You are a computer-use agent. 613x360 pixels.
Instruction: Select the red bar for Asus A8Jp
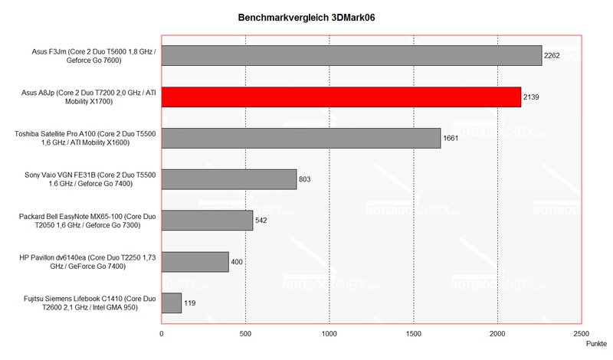[341, 97]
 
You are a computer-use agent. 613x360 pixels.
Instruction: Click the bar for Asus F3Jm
[351, 55]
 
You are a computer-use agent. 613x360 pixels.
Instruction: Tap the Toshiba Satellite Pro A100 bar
[300, 138]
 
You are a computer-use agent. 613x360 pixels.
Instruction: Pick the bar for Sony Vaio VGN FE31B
[228, 179]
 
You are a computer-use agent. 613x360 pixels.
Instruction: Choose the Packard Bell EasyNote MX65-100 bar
[207, 221]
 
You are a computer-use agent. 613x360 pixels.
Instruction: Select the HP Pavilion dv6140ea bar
[195, 262]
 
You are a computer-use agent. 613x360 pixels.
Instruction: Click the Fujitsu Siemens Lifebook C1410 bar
[171, 303]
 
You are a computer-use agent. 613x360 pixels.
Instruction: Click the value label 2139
[533, 97]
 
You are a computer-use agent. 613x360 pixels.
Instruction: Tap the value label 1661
[452, 139]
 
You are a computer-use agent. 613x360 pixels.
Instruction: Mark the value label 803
[306, 180]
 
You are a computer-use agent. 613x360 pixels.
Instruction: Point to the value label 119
[191, 304]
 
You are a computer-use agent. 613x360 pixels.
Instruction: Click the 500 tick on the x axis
[245, 335]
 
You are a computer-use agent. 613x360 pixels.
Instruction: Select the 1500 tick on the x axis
[414, 335]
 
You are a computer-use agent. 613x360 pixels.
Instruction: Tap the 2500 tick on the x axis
[582, 335]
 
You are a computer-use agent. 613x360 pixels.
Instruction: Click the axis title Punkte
[595, 345]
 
